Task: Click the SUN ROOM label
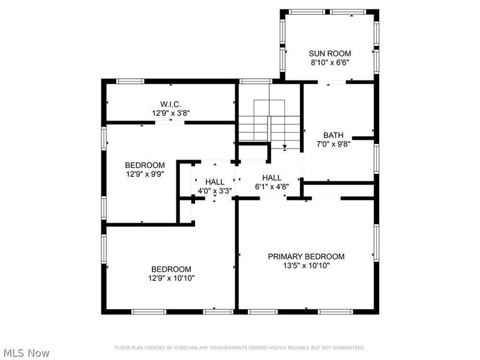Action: coord(329,53)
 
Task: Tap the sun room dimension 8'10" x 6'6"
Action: coord(329,62)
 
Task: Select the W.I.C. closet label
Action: coord(171,103)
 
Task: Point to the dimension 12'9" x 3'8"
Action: coord(171,112)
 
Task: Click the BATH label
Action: coord(333,135)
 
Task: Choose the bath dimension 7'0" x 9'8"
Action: coord(333,144)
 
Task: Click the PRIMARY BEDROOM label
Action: coord(306,256)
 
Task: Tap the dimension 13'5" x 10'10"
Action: coord(306,265)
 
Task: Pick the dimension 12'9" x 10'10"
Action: coord(171,278)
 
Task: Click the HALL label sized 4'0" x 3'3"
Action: coord(215,182)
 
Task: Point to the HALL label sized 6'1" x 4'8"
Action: coord(272,178)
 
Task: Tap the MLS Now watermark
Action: coord(26,353)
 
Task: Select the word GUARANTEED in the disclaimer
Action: coord(348,348)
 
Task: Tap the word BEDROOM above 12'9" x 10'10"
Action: coord(171,269)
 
